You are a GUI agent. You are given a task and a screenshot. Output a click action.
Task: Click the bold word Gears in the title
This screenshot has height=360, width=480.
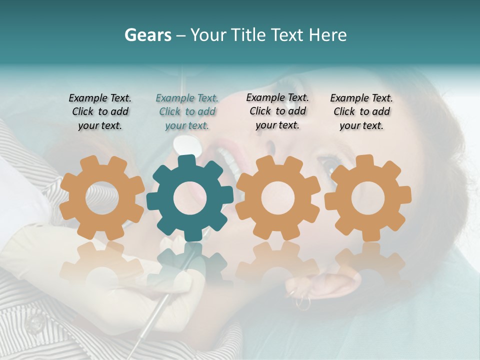(148, 35)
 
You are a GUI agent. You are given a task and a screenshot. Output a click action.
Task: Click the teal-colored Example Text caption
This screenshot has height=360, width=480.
(187, 112)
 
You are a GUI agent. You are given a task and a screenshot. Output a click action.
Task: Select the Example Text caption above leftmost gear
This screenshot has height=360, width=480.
(100, 112)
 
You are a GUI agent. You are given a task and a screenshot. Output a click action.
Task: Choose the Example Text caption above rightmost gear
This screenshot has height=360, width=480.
(361, 112)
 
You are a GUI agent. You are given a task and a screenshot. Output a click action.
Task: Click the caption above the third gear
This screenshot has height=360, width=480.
(277, 111)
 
